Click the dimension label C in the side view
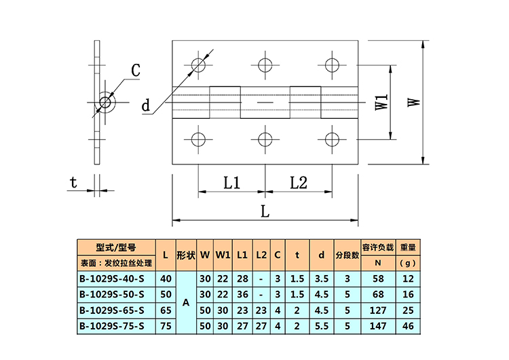135,70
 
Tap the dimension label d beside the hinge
146,105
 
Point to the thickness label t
73,182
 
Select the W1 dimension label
381,102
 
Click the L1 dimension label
232,183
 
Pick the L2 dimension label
299,183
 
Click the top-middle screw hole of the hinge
265,65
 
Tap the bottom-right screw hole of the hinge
332,140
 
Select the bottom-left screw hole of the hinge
198,140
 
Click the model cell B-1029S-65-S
112,310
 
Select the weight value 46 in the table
408,326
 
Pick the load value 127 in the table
378,310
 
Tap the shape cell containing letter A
186,302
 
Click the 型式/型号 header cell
116,248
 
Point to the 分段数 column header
347,255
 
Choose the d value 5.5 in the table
322,326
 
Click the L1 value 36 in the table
242,294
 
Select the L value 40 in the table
166,278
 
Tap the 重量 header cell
408,247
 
